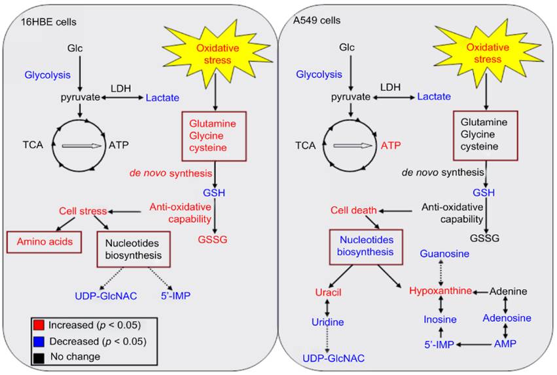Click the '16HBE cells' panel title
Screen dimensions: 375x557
[x=48, y=21]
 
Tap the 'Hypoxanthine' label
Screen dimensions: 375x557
[x=440, y=290]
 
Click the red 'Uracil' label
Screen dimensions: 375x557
[x=328, y=291]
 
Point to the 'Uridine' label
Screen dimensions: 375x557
[x=328, y=322]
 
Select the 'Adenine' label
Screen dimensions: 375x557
[x=509, y=290]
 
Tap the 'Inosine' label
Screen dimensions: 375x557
[x=439, y=319]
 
